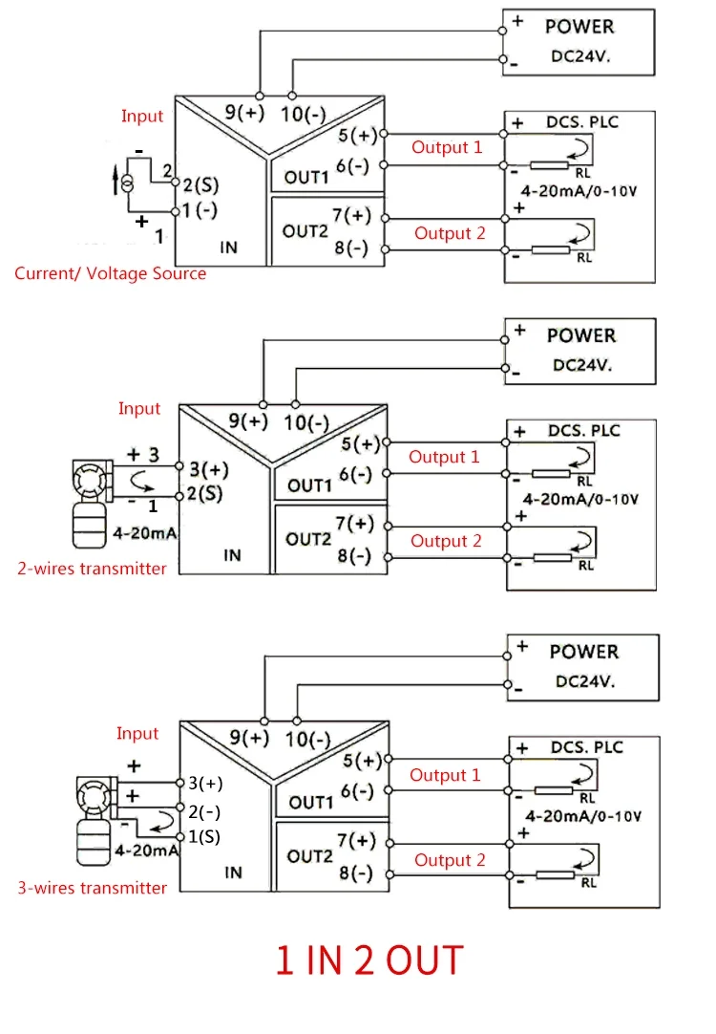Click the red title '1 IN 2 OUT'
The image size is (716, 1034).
pos(369,960)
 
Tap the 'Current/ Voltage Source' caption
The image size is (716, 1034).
pos(110,273)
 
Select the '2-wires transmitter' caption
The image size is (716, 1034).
pos(92,569)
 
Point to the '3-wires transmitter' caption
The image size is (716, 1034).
pos(93,888)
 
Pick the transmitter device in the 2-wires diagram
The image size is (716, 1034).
pos(89,504)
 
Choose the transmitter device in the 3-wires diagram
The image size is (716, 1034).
pos(95,820)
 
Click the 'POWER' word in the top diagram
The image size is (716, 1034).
pos(579,27)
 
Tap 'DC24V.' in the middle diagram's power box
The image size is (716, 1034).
pos(582,365)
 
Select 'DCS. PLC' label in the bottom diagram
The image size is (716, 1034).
pos(587,747)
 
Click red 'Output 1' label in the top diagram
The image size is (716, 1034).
pos(447,147)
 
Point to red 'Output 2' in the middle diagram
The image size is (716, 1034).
pos(446,541)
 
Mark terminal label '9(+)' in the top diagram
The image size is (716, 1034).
pos(244,112)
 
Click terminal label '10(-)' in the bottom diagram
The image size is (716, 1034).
pos(307,740)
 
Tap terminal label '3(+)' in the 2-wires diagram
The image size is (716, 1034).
pos(209,469)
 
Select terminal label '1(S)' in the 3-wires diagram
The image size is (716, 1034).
pos(204,837)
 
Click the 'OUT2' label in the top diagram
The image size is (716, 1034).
pos(305,231)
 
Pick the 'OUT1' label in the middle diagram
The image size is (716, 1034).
pos(309,485)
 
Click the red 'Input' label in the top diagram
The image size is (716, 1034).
pos(141,116)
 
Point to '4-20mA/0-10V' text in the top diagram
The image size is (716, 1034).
pos(579,191)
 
